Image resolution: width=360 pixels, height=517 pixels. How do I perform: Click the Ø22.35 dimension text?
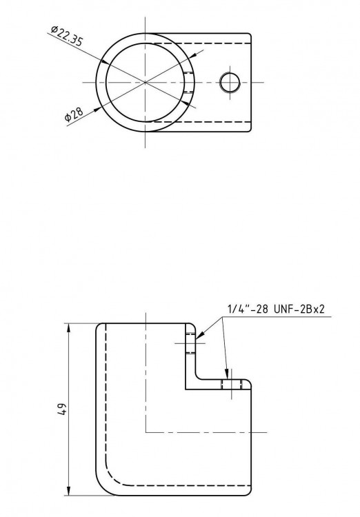point(67,37)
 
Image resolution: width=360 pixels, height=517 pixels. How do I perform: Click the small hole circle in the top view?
point(230,82)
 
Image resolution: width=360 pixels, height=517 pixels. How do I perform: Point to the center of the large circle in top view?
point(146,82)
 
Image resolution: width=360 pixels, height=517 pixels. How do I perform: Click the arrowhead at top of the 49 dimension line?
point(70,327)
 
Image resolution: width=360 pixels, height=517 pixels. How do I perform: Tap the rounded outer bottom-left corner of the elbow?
point(103,486)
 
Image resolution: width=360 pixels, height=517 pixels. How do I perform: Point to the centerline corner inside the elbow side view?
point(146,432)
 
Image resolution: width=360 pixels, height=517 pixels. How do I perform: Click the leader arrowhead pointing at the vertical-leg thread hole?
point(199,339)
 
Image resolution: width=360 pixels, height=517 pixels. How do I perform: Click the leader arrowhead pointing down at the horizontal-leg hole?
point(228,374)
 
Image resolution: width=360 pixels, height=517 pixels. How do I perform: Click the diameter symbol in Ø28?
point(68,119)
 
